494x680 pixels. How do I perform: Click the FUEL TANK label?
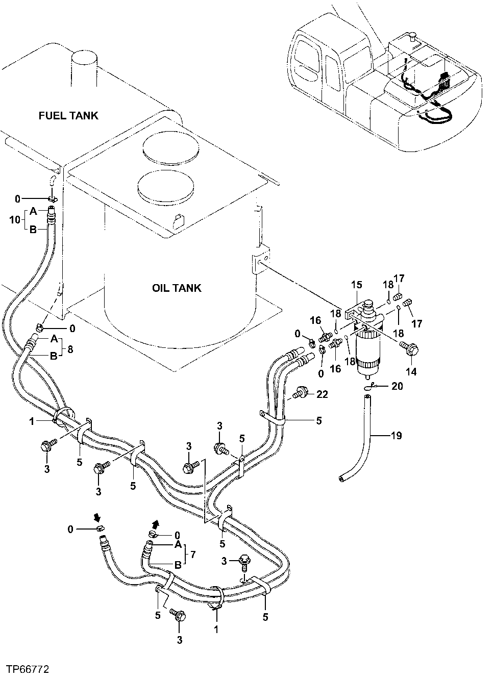pyautogui.click(x=68, y=115)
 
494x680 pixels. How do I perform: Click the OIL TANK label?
pyautogui.click(x=177, y=288)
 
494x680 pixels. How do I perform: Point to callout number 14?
pyautogui.click(x=411, y=372)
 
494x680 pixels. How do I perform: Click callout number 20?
pyautogui.click(x=398, y=386)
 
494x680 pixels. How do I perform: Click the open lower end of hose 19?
pyautogui.click(x=341, y=478)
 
